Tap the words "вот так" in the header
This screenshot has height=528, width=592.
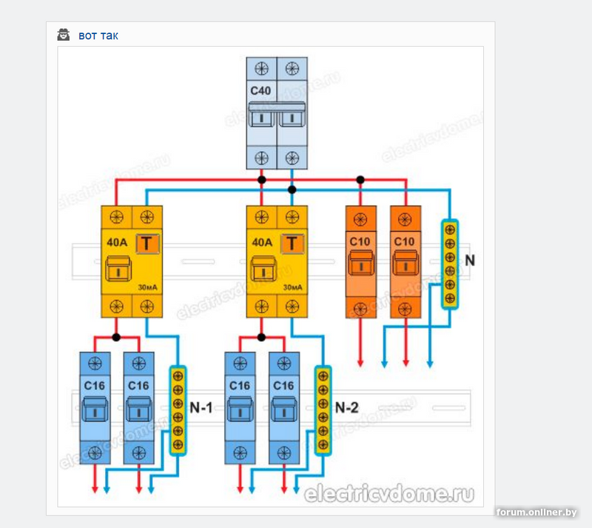point(98,36)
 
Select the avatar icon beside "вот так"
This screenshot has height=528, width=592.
point(64,35)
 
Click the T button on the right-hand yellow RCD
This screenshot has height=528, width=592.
point(294,242)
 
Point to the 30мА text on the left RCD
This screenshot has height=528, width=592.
point(147,287)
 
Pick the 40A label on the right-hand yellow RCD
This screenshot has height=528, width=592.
point(262,242)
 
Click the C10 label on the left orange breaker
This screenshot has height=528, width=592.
point(360,241)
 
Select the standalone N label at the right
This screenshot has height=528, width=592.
point(470,261)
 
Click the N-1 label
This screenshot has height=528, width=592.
point(200,407)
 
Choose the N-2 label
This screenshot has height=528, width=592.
point(346,407)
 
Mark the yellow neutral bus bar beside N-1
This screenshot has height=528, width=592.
point(178,410)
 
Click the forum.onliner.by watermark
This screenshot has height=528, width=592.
point(537,512)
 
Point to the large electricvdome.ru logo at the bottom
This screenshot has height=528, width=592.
point(389,493)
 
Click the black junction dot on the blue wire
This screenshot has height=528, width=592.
point(292,190)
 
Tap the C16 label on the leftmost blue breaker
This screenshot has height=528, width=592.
point(95,386)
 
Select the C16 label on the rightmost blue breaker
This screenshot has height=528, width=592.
point(283,386)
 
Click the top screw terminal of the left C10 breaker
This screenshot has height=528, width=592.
point(360,219)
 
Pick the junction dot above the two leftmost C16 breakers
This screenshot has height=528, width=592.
point(116,337)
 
